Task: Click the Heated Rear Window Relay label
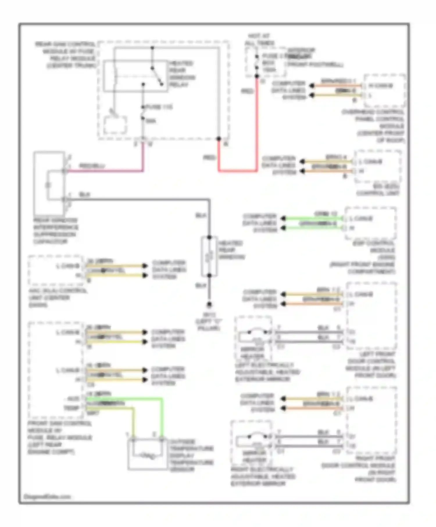182,74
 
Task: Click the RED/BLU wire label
92,166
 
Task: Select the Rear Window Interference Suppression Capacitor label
55,231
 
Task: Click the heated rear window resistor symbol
209,257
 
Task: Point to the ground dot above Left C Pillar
209,305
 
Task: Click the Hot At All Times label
259,39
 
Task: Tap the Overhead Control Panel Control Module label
378,126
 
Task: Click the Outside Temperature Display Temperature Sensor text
191,455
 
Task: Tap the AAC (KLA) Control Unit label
57,297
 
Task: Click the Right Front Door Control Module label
360,469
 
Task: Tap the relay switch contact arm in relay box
157,76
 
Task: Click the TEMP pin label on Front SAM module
72,408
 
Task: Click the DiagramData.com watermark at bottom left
47,496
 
